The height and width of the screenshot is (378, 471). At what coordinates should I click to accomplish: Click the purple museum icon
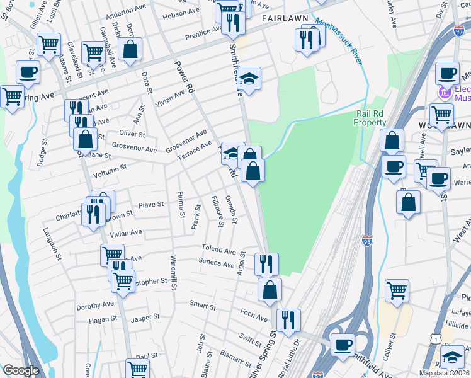coord(446,94)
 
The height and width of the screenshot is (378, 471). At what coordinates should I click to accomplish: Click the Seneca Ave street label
coord(216,263)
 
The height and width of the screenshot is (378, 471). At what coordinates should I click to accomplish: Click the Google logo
coord(21,370)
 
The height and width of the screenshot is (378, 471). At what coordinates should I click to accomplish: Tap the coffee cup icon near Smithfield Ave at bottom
coord(343,344)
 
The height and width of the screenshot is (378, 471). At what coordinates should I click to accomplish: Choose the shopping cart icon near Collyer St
coord(397,290)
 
